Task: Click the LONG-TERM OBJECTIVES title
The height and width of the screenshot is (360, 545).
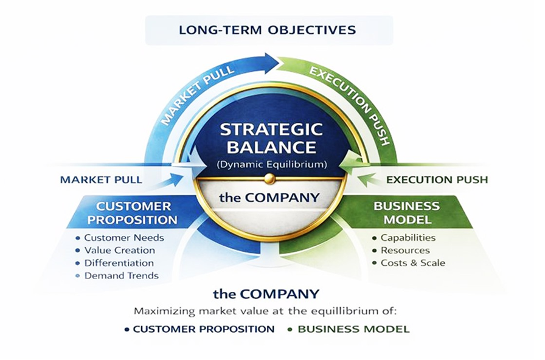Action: (268, 30)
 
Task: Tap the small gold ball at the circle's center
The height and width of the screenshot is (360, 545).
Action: (271, 179)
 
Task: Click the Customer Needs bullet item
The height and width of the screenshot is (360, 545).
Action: (123, 238)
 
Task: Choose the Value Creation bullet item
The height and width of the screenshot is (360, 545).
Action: (119, 250)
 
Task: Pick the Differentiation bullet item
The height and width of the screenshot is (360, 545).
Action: (119, 263)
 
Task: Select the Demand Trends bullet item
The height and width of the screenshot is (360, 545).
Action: (121, 275)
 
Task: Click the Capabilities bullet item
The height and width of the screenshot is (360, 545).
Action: (408, 238)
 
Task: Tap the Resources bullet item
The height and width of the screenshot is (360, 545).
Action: (405, 250)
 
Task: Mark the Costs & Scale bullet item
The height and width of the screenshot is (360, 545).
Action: (412, 263)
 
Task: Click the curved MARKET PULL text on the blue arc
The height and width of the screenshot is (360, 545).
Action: (190, 97)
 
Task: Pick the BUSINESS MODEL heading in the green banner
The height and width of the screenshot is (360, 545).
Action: (406, 212)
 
